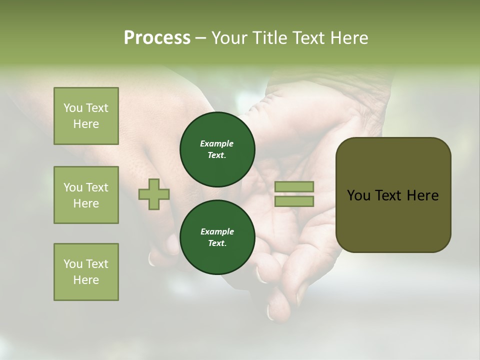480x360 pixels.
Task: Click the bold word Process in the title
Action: coord(157,38)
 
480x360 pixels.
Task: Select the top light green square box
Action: coord(86,116)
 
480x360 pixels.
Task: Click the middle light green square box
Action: coord(86,195)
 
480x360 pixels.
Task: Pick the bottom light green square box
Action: coord(86,272)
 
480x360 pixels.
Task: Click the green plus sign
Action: coord(154,194)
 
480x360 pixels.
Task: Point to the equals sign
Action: coord(294,194)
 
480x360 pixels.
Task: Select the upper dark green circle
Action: coord(217,149)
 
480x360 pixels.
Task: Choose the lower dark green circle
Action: coord(217,237)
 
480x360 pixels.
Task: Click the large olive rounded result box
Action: coord(393,195)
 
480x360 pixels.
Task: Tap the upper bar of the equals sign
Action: coord(294,187)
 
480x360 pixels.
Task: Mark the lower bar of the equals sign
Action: coord(294,201)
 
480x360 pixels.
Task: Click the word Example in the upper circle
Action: coord(217,143)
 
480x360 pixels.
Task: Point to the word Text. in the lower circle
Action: coord(217,243)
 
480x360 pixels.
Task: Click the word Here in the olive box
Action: coord(422,195)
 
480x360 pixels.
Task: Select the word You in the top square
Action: coord(73,108)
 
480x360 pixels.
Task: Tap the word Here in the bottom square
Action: coord(86,280)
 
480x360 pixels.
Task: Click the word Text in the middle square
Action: coord(97,187)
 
